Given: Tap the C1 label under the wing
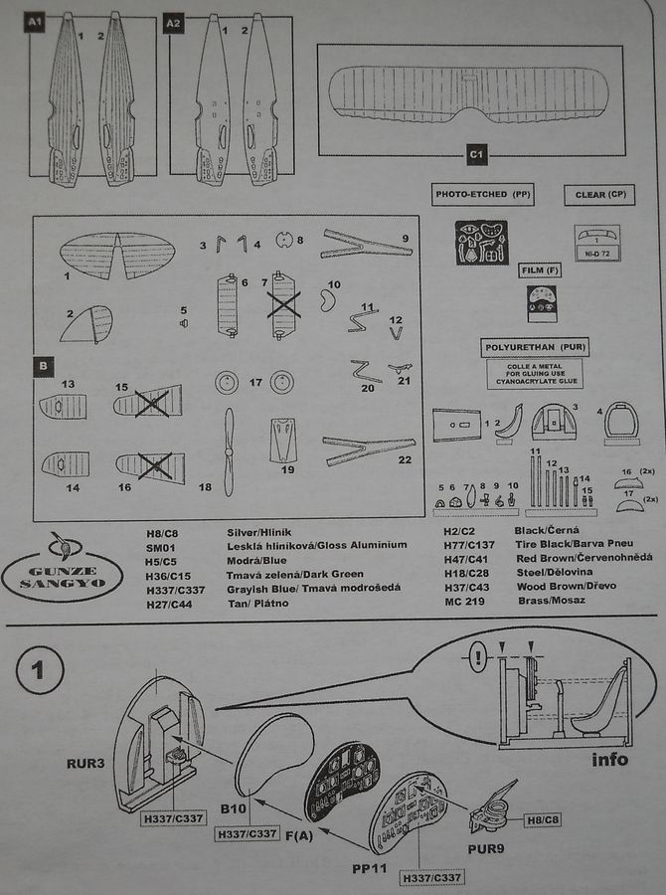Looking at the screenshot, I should [x=476, y=154].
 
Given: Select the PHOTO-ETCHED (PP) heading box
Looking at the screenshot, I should [x=483, y=196].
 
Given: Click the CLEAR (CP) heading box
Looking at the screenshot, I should [x=598, y=195].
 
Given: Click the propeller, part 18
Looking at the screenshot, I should [x=231, y=451].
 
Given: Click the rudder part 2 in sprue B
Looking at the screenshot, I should [x=87, y=324].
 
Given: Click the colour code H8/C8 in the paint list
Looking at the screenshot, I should [x=159, y=534].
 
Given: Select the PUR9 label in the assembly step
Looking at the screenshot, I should [x=488, y=850].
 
